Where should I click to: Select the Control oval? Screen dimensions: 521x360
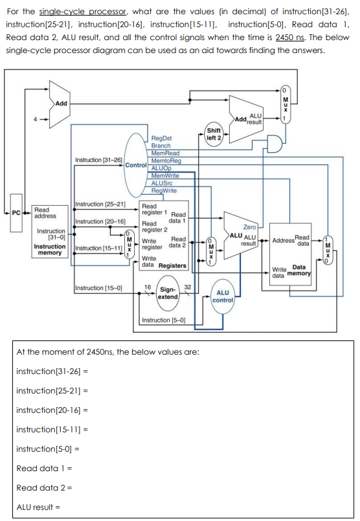[137, 165]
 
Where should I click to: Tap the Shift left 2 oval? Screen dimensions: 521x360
[214, 133]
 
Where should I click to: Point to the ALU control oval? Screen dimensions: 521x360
[223, 296]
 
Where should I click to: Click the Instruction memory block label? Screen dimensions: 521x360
[49, 249]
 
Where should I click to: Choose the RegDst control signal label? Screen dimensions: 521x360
[161, 139]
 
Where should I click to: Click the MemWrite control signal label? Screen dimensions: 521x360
[166, 176]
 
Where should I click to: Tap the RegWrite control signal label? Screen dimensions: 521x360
[164, 190]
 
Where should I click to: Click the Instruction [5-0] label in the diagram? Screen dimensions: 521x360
[163, 320]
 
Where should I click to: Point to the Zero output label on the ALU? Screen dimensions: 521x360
[249, 227]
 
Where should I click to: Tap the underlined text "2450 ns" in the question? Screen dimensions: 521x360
[289, 37]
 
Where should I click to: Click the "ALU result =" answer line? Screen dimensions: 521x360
[38, 507]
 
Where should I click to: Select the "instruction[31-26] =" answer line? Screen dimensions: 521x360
[51, 371]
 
